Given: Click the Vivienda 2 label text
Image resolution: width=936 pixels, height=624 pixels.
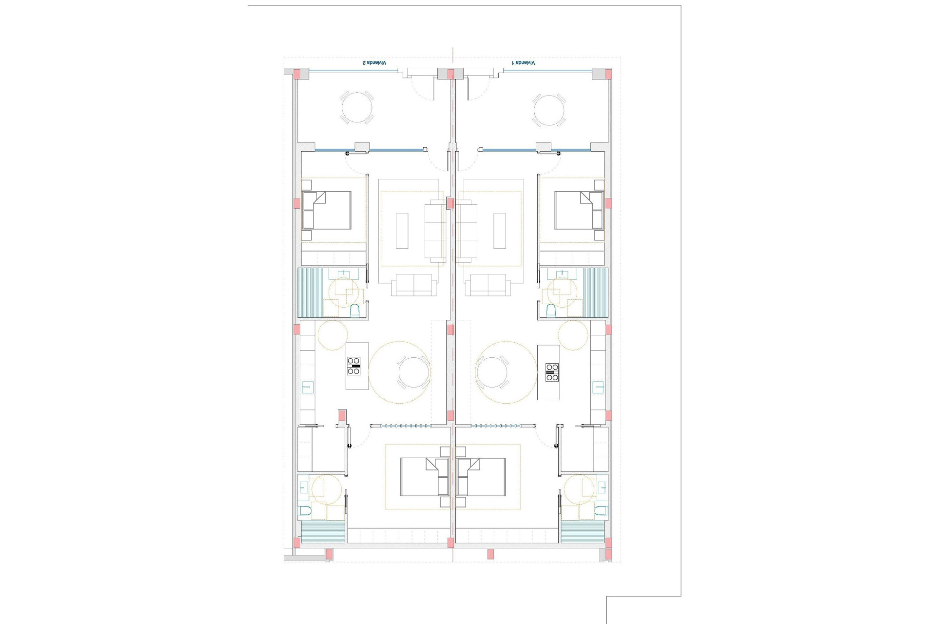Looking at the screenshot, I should point(374,63).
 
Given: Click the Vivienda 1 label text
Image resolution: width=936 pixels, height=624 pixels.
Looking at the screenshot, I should point(523,63).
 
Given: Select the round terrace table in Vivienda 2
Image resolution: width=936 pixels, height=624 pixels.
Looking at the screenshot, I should point(356,108).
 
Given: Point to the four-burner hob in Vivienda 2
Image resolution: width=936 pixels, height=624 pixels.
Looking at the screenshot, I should point(354,366).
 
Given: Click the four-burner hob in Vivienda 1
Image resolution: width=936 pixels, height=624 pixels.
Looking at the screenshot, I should point(552,372).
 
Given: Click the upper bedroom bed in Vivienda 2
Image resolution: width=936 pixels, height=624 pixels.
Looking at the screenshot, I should point(327,210).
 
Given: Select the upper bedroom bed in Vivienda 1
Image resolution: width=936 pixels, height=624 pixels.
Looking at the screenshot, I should point(579,210).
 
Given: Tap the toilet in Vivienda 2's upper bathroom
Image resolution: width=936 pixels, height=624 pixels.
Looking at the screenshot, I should point(355,310).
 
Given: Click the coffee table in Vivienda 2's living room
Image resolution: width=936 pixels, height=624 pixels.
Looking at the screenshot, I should point(402,231).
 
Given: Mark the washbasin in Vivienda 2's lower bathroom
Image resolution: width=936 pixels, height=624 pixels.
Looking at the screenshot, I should point(303,487).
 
